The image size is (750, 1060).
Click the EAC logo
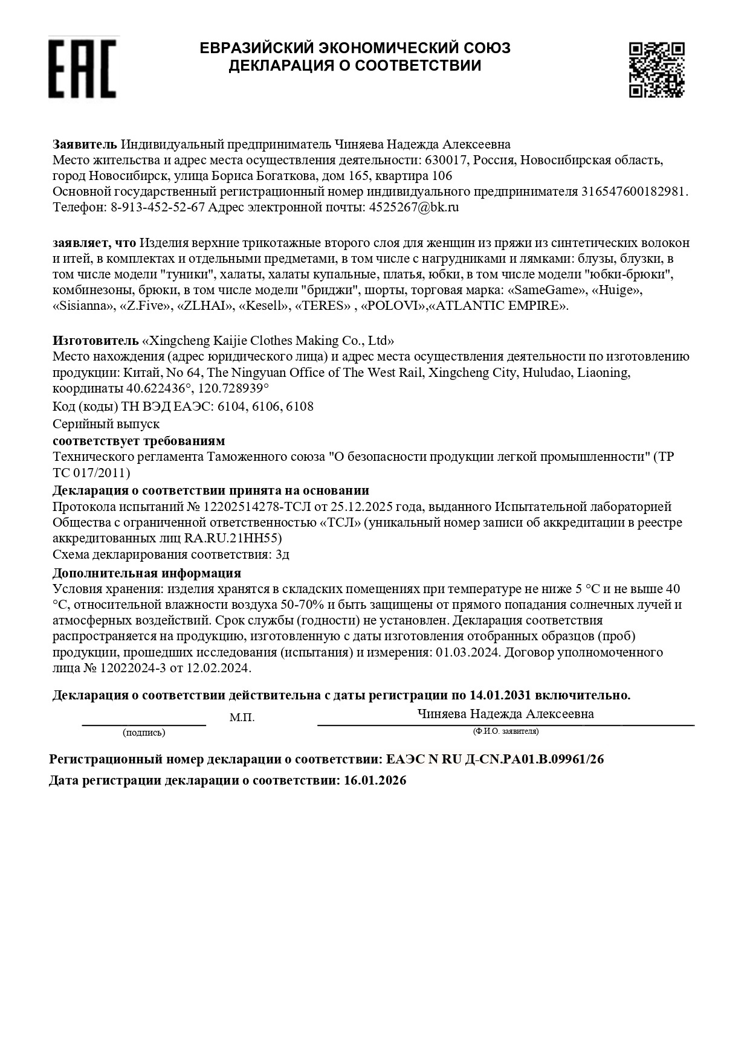[x=82, y=68]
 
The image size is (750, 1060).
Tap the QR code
[x=656, y=69]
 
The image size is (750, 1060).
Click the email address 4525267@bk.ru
[x=414, y=207]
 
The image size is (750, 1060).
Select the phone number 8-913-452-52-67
[x=158, y=207]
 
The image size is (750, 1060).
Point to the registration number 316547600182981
[x=633, y=191]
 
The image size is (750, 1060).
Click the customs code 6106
[x=263, y=406]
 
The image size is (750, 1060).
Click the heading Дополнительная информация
[x=147, y=573]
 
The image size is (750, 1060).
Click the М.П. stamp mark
[x=242, y=718]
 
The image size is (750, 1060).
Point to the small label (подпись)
[x=144, y=733]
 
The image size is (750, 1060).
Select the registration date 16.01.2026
[x=375, y=780]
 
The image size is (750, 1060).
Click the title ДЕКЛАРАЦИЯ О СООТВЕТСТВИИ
[x=355, y=66]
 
